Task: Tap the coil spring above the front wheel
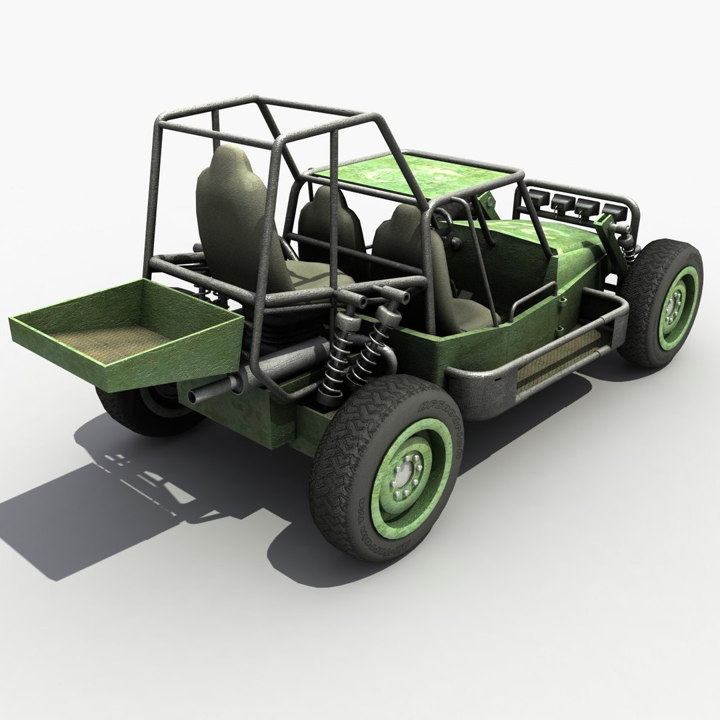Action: pos(627,247)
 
